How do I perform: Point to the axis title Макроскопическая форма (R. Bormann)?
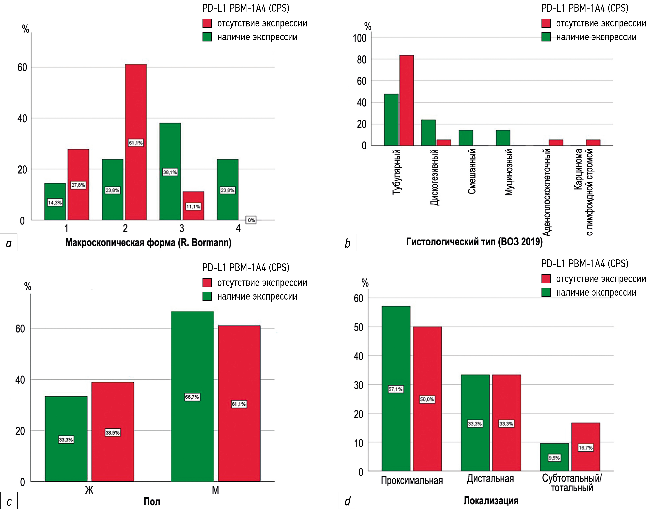[x=148, y=242]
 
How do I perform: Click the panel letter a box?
[x=9, y=242]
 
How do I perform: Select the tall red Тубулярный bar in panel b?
[x=406, y=100]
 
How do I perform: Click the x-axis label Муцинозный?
[x=509, y=172]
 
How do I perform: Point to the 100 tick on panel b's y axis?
[x=360, y=38]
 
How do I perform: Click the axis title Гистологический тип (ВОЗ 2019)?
[x=474, y=242]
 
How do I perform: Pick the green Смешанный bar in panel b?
[x=466, y=138]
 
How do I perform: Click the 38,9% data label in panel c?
[x=113, y=432]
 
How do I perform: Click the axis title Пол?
[x=152, y=502]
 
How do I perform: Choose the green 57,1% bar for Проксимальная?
[x=396, y=360]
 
